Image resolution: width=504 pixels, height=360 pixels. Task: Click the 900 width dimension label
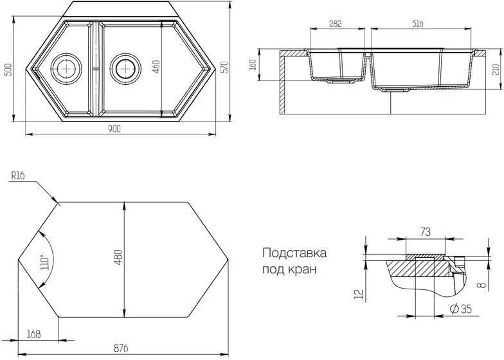(114, 129)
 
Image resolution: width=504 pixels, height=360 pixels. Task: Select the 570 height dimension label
(225, 67)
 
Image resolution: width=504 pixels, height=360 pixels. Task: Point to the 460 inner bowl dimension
(156, 67)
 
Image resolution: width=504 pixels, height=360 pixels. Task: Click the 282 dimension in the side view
(336, 24)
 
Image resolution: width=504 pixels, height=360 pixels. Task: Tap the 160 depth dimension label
(253, 65)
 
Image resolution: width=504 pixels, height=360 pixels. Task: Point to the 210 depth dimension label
(496, 69)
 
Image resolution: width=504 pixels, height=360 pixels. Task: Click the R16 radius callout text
(18, 175)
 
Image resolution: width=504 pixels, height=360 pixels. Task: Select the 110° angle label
(44, 262)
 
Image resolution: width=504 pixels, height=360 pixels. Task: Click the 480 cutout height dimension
(118, 257)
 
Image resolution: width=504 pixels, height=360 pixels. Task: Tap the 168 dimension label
(33, 334)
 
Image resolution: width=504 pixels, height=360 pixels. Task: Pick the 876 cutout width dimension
(121, 348)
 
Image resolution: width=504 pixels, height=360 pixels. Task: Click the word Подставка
(294, 253)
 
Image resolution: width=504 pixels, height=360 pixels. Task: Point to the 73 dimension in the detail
(425, 232)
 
